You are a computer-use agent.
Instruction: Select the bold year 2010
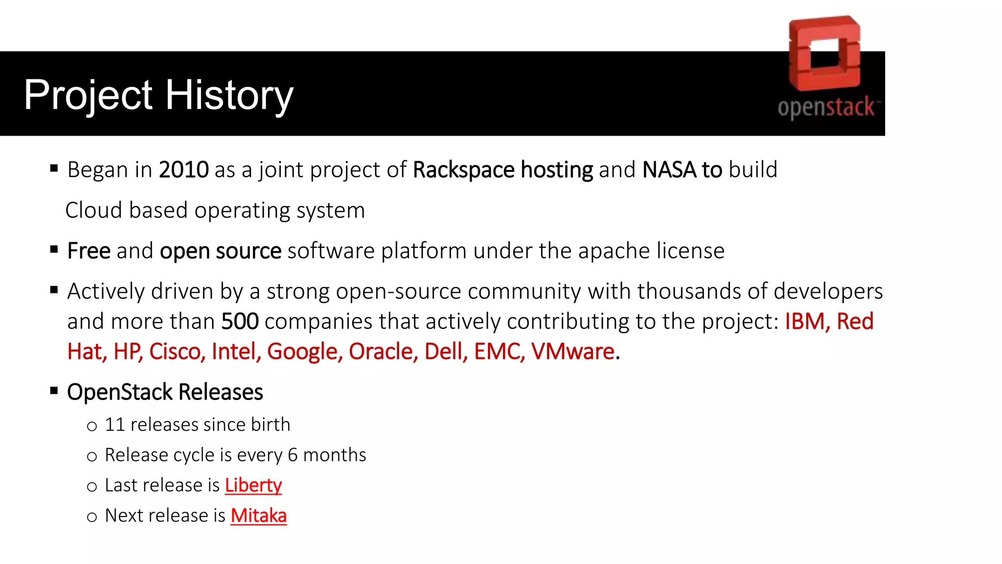click(183, 170)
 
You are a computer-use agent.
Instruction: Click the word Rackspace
click(463, 170)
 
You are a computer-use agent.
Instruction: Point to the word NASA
click(669, 170)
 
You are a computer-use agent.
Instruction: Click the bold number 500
click(240, 322)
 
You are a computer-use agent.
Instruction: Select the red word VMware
click(572, 352)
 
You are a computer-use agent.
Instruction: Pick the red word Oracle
click(383, 352)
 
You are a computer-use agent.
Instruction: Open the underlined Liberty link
click(253, 485)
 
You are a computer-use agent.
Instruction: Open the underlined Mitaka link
click(258, 516)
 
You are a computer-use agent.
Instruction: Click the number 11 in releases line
click(115, 424)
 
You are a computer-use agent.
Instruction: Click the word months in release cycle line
click(335, 455)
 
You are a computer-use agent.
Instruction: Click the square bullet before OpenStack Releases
click(54, 391)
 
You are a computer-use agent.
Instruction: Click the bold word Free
click(89, 251)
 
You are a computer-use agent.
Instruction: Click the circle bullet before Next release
click(92, 517)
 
